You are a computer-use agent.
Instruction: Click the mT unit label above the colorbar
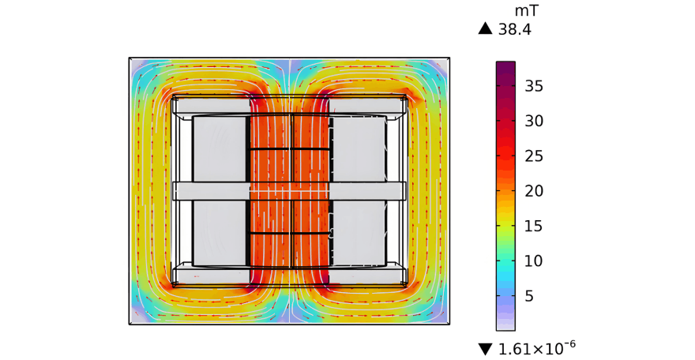pyautogui.click(x=526, y=10)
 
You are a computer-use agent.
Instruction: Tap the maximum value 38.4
pyautogui.click(x=515, y=30)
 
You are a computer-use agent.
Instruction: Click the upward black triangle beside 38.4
pyautogui.click(x=486, y=28)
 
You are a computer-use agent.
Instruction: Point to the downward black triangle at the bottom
pyautogui.click(x=486, y=350)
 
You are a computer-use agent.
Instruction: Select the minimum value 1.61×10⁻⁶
pyautogui.click(x=537, y=348)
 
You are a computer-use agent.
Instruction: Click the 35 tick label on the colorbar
pyautogui.click(x=534, y=86)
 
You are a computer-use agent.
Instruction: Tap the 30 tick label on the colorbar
pyautogui.click(x=534, y=121)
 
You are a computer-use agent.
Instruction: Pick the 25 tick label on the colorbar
pyautogui.click(x=534, y=156)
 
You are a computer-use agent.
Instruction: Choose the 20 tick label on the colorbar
pyautogui.click(x=534, y=191)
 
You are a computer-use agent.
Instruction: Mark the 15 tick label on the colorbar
pyautogui.click(x=534, y=226)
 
